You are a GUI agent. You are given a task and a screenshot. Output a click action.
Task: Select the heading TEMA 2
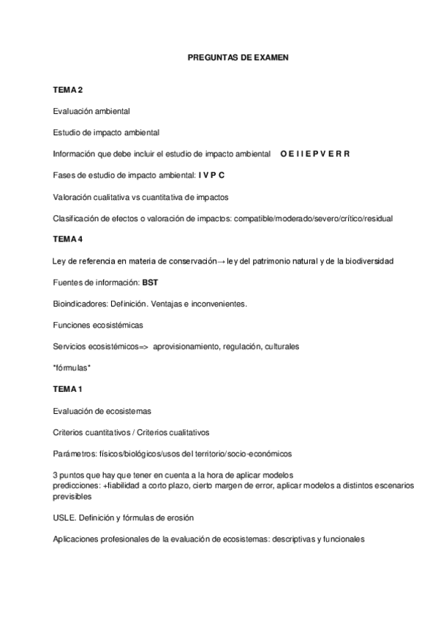click(68, 90)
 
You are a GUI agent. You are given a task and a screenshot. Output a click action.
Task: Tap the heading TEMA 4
click(68, 239)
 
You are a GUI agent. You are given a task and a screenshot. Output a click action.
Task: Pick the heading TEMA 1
click(68, 388)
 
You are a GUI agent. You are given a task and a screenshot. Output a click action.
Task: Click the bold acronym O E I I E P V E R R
click(315, 154)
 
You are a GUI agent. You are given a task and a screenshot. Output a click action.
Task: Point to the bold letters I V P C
click(211, 175)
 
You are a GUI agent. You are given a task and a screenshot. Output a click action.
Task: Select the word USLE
click(64, 518)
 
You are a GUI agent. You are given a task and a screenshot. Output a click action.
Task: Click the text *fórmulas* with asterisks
click(72, 367)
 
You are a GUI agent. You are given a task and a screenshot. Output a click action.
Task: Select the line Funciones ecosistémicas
click(98, 324)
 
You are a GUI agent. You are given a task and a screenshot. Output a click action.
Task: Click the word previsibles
click(72, 496)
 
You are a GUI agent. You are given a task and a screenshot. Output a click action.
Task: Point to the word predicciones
click(76, 485)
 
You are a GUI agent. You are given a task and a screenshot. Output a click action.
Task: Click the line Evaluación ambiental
click(91, 112)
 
